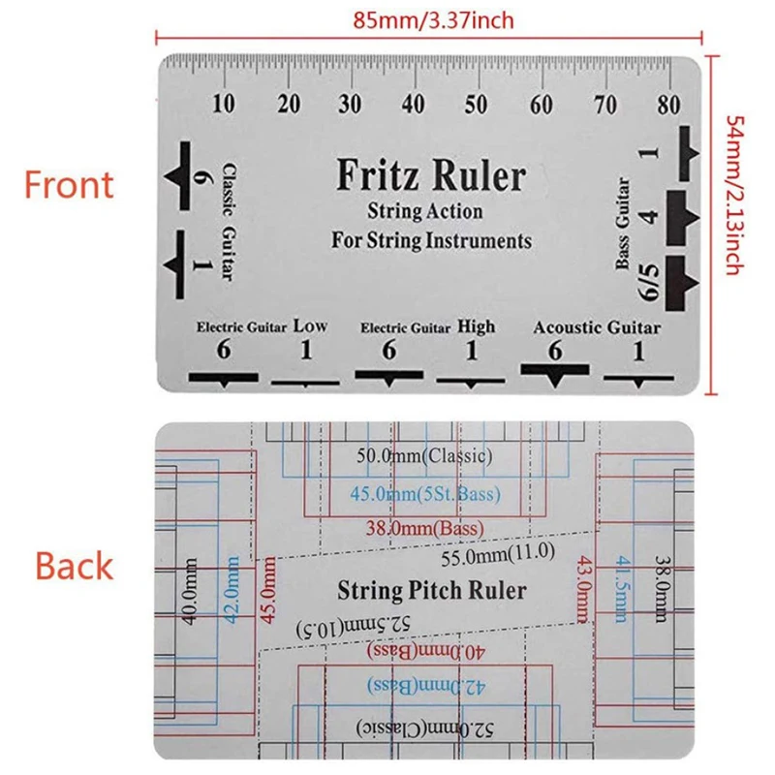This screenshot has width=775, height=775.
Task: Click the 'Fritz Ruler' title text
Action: [430, 176]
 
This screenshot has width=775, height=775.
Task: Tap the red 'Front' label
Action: [69, 184]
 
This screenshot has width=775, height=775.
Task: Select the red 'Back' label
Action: [74, 566]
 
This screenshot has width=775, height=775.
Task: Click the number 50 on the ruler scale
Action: [477, 105]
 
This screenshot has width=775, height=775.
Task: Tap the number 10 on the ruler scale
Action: [224, 105]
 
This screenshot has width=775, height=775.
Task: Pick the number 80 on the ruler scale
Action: [665, 105]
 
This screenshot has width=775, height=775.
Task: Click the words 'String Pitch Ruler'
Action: [431, 590]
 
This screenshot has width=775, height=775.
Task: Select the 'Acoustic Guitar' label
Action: [597, 327]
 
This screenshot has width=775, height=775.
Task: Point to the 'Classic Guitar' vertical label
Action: [228, 221]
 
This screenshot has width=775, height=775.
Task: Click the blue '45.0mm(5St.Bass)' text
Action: [425, 494]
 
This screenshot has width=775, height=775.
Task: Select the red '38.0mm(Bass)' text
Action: [425, 529]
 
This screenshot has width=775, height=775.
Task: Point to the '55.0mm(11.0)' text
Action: [496, 558]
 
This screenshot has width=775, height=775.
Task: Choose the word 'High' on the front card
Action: [476, 326]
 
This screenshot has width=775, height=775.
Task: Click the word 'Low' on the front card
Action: [310, 326]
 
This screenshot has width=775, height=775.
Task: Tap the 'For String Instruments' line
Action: [431, 238]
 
